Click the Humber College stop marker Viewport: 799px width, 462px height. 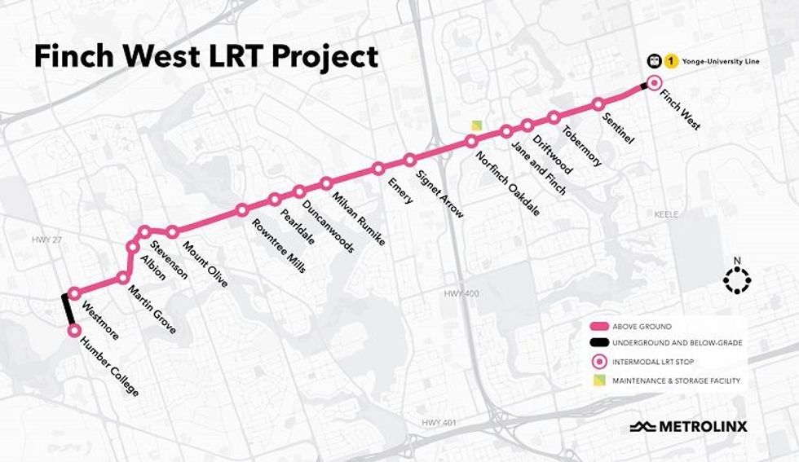click(x=74, y=330)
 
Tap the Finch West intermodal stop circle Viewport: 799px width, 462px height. click(x=652, y=83)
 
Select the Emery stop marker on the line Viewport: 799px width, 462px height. click(x=378, y=169)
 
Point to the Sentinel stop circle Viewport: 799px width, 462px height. click(x=598, y=104)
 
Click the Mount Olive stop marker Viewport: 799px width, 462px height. click(x=172, y=232)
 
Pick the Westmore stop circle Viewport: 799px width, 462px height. click(x=74, y=293)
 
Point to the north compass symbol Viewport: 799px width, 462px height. click(x=736, y=279)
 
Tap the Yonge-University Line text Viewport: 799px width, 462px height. click(x=716, y=59)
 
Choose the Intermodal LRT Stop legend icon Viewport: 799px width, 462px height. click(x=601, y=361)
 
